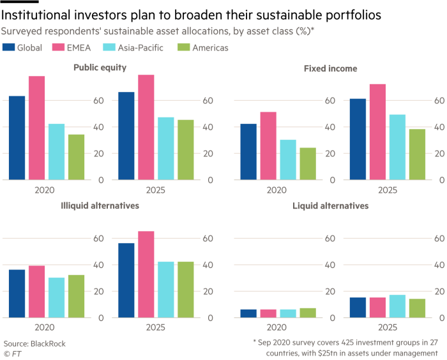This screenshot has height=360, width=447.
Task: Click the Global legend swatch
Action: click(8, 47)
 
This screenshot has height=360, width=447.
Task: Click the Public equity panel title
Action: click(100, 68)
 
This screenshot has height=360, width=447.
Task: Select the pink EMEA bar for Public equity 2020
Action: click(36, 128)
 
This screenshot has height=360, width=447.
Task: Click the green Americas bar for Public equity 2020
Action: click(76, 157)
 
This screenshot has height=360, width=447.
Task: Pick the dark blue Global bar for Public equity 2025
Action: click(127, 136)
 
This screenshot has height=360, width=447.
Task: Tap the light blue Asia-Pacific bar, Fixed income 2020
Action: click(270, 160)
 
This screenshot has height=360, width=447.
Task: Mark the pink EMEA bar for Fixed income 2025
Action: click(377, 131)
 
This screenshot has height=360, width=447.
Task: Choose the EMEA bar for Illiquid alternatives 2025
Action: click(146, 274)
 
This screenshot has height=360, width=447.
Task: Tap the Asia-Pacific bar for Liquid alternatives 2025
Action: click(397, 306)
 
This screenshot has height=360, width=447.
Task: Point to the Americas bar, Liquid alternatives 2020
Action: click(307, 312)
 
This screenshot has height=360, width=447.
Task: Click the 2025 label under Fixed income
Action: click(387, 190)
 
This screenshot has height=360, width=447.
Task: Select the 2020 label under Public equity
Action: click(46, 190)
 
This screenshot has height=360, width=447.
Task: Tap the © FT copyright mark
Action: click(11, 352)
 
